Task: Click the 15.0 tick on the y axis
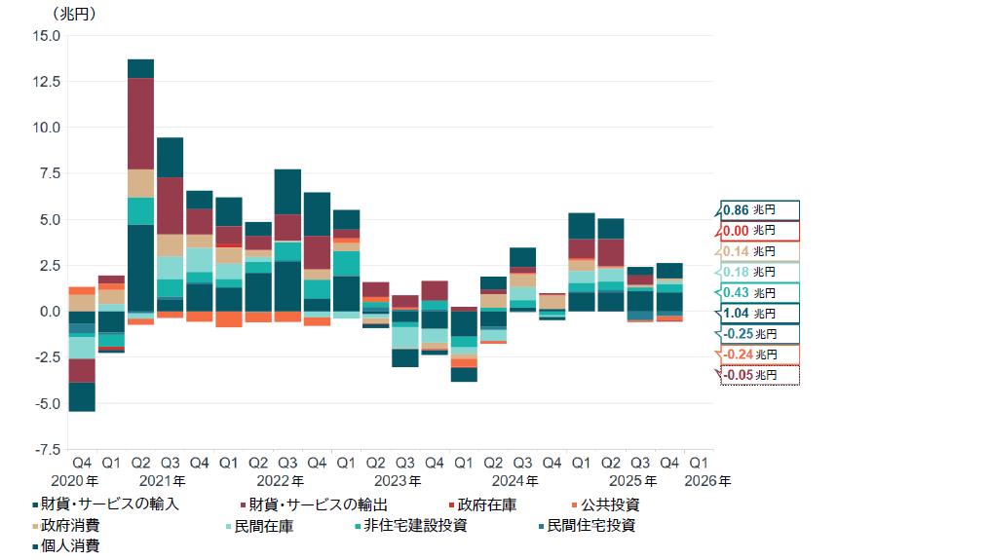(47, 36)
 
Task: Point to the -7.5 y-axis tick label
(47, 450)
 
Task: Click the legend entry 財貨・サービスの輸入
(113, 504)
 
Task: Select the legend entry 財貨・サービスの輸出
(318, 504)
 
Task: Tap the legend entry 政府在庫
(486, 504)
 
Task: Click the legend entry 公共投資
(610, 504)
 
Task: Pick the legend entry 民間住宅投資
(590, 525)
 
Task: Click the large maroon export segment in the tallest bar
(141, 124)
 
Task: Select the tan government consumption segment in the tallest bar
(141, 183)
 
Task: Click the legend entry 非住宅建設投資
(414, 525)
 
